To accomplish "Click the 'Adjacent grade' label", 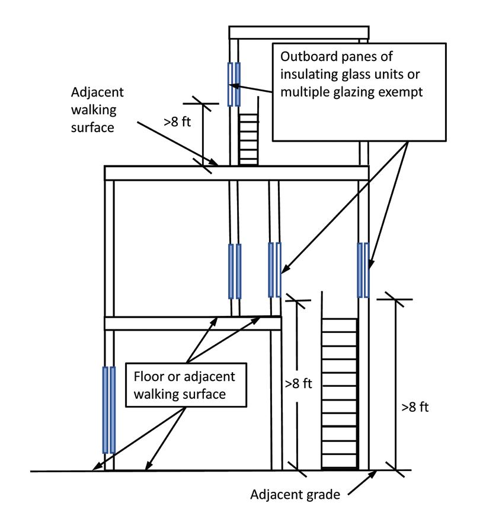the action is [x=295, y=495].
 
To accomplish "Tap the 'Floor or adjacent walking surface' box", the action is [x=186, y=385].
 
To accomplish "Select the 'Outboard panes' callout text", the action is [x=351, y=74].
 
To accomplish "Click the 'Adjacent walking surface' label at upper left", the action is [x=97, y=110].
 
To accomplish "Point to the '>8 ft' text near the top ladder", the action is [x=177, y=122].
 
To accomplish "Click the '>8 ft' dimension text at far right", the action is [x=415, y=407].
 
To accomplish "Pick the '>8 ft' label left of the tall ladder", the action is [x=298, y=384].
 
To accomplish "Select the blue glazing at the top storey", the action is [x=234, y=84].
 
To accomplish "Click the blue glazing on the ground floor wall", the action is [x=109, y=410].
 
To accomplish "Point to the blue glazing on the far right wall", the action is [x=363, y=270].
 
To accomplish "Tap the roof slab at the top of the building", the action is [x=299, y=33].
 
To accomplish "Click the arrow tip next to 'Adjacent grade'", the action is [x=376, y=472].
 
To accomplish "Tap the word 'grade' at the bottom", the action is [x=322, y=495].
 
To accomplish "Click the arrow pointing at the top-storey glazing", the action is [x=251, y=88].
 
